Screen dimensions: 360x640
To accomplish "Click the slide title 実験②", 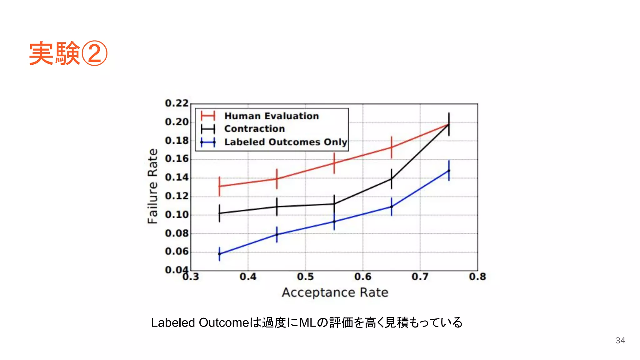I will [68, 53].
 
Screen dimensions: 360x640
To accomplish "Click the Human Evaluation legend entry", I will [271, 116].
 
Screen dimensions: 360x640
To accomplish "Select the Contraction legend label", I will [254, 129].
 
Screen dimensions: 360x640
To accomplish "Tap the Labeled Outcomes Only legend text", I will [286, 142].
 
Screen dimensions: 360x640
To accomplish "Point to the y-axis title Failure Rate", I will [152, 186].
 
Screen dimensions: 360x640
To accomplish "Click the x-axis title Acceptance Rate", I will [335, 292].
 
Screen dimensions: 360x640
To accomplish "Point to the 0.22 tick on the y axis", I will [177, 103].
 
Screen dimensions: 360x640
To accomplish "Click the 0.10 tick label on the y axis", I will [177, 215].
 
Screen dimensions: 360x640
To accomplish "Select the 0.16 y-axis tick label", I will [177, 159].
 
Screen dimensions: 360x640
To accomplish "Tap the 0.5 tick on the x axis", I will [305, 277].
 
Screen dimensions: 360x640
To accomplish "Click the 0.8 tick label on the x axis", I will [477, 277].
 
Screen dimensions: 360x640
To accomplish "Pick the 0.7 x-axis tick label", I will [420, 277].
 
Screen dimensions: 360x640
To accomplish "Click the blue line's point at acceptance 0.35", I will [219, 254].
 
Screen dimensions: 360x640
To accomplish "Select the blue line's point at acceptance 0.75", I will [449, 171].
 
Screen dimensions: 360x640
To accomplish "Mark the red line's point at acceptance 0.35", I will [219, 186].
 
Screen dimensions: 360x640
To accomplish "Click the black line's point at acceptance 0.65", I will [392, 179].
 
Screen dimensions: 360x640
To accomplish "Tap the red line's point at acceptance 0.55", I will [334, 163].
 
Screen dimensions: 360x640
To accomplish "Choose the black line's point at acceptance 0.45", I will [277, 207].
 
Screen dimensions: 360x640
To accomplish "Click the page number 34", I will [620, 341].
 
